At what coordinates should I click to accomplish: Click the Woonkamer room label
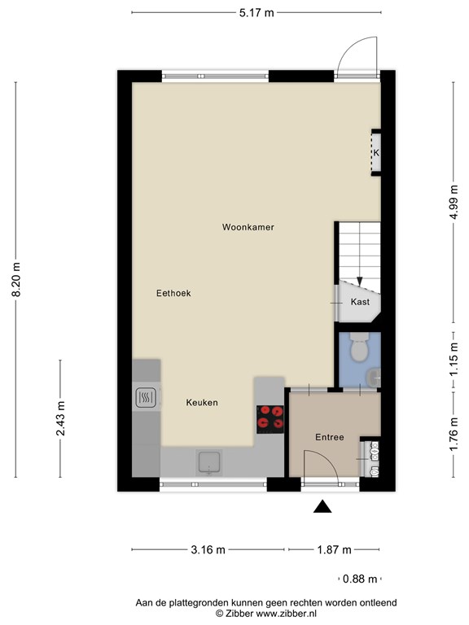tap(248, 227)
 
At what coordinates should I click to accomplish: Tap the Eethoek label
tap(173, 293)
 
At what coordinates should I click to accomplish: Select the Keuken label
tap(202, 403)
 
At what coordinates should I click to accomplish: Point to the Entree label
tap(330, 437)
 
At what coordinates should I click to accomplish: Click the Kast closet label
tap(360, 302)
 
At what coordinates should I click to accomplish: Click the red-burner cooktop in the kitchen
tap(270, 419)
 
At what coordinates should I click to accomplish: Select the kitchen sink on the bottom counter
tap(209, 463)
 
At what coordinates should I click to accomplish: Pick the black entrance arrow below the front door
tap(322, 506)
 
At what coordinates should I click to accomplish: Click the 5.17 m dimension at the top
tap(256, 13)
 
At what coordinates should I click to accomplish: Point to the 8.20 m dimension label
tap(16, 279)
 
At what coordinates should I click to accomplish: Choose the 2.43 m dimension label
tap(60, 418)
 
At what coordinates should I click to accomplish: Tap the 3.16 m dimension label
tap(208, 550)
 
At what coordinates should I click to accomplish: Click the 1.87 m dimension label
tap(334, 550)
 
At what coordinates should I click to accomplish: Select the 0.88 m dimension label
tap(360, 579)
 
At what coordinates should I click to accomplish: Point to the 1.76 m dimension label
tap(454, 435)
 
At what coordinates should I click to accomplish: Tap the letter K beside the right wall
tap(376, 153)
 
